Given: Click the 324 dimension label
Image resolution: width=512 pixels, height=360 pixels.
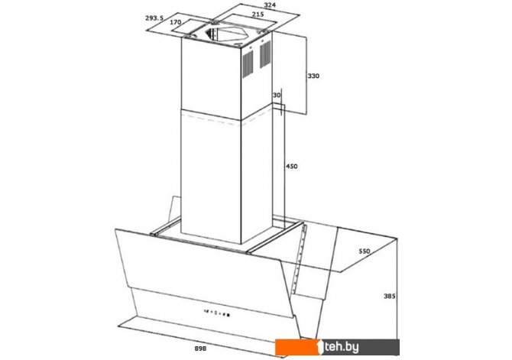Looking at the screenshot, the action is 270,5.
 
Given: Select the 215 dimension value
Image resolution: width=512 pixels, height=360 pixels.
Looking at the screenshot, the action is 258,15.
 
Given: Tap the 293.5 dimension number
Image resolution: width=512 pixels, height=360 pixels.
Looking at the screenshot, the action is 154,18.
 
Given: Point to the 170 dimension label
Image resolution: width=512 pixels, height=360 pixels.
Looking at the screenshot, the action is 175,22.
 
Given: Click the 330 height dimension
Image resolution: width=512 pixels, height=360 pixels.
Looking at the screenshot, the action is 313,76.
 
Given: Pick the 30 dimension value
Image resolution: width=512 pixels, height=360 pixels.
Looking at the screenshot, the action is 277,96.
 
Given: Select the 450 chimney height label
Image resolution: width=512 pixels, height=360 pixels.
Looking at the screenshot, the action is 292,167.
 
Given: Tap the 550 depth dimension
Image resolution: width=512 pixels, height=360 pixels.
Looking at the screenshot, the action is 365,251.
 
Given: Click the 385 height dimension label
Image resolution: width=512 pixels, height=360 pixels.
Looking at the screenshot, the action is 390,296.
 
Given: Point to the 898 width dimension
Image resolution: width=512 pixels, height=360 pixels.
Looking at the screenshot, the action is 200,349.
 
